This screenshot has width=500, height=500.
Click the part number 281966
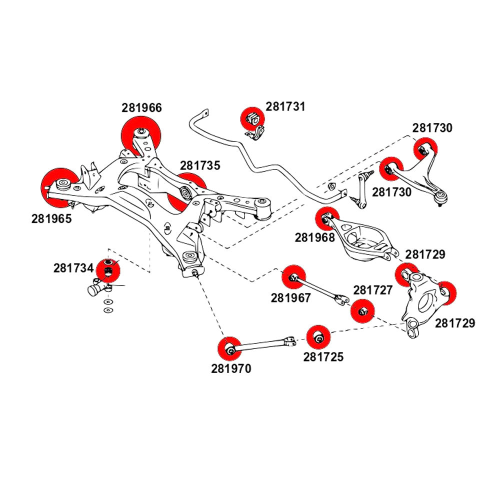coord(142,107)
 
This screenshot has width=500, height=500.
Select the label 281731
coord(285,106)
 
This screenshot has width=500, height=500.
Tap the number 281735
coord(200,165)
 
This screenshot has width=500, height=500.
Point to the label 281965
coord(51,218)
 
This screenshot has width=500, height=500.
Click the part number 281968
coord(314,237)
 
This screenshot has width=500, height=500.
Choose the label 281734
coord(73,268)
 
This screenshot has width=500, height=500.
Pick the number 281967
coord(291,298)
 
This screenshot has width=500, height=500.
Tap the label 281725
coord(323,357)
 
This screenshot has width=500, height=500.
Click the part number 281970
coord(231,369)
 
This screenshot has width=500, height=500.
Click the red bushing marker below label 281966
coord(141,133)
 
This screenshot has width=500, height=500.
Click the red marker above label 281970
coord(230,348)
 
